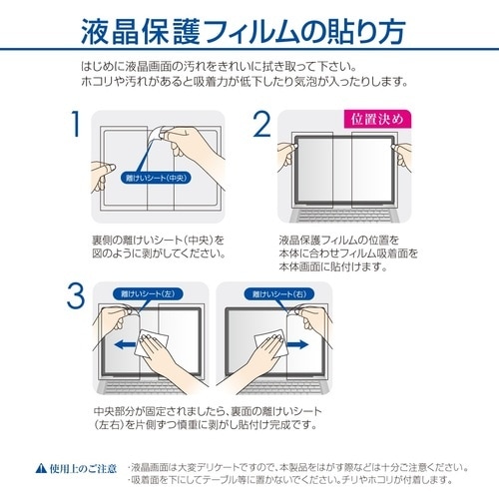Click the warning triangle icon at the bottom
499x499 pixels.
41,465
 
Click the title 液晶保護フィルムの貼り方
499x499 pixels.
249,34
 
